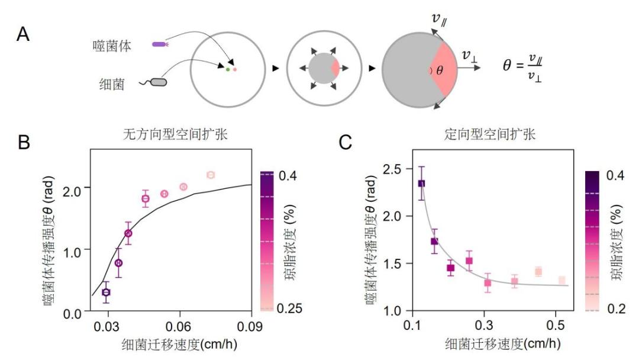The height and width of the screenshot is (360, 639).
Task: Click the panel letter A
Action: (23, 35)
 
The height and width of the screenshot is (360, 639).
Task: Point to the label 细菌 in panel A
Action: (112, 84)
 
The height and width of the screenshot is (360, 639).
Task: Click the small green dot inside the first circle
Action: (228, 70)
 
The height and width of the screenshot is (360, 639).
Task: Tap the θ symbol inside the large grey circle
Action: (438, 70)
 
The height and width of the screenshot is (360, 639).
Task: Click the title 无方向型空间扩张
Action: (172, 135)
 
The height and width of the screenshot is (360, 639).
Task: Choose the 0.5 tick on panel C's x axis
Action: (555, 326)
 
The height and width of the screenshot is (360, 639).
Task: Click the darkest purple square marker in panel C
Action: (422, 184)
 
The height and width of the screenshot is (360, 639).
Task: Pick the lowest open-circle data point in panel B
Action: (106, 292)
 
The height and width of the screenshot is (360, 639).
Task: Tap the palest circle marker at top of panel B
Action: (211, 175)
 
